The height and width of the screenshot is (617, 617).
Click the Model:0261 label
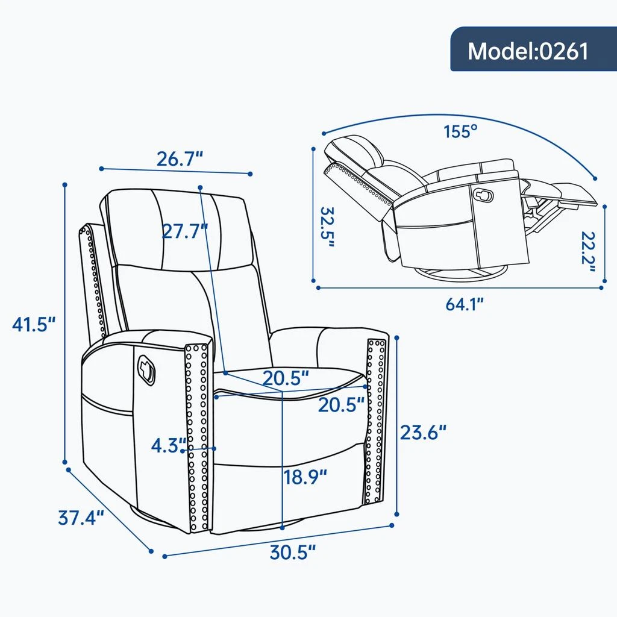[x=528, y=51]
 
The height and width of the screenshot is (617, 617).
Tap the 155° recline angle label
[x=461, y=131]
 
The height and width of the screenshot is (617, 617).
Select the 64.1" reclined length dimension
[x=465, y=304]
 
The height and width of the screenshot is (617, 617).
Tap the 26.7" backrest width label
[x=180, y=159]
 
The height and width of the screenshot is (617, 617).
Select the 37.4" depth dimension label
[x=81, y=517]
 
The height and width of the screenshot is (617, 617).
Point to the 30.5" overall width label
[x=293, y=552]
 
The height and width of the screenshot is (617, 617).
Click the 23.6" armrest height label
[x=424, y=433]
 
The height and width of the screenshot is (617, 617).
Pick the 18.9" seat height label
[x=305, y=477]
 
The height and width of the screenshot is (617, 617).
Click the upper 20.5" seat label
[x=286, y=378]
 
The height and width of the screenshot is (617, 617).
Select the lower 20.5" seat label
[x=342, y=404]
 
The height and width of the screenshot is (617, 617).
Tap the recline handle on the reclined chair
[x=484, y=195]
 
